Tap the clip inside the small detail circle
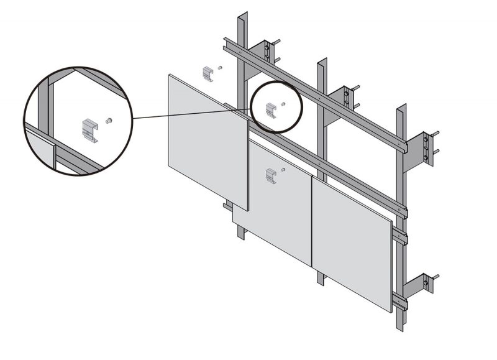pyautogui.click(x=271, y=109)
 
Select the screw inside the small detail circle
pyautogui.click(x=283, y=104)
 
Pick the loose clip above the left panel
pyautogui.click(x=210, y=73)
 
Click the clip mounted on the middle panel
pyautogui.click(x=270, y=175)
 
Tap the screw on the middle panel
pyautogui.click(x=283, y=169)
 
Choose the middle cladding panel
pyautogui.click(x=280, y=199)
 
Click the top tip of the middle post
pyautogui.click(x=322, y=60)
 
